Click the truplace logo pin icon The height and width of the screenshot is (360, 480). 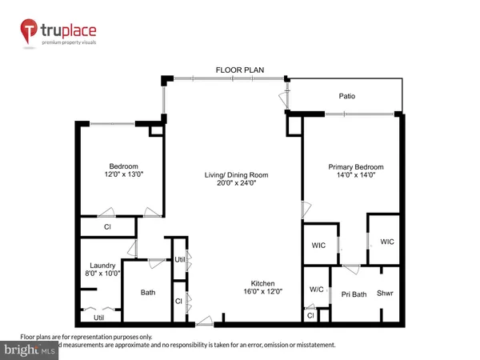[x=29, y=32]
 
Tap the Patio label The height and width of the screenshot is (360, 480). [x=346, y=97]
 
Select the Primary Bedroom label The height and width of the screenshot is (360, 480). [x=356, y=167]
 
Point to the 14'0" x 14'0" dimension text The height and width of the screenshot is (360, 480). [x=356, y=177]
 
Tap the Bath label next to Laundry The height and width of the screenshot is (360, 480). [x=147, y=293]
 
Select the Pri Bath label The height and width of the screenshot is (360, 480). [x=354, y=294]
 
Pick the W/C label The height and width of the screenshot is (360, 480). [x=315, y=290]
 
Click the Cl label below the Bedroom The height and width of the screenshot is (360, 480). [x=106, y=227]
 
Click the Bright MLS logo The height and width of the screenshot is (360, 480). [x=32, y=350]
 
